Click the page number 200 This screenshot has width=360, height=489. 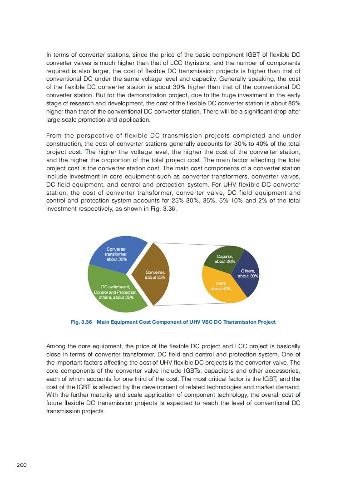pos(22,464)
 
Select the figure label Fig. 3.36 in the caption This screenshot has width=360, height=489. pos(82,322)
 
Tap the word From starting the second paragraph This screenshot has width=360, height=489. pos(54,136)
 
